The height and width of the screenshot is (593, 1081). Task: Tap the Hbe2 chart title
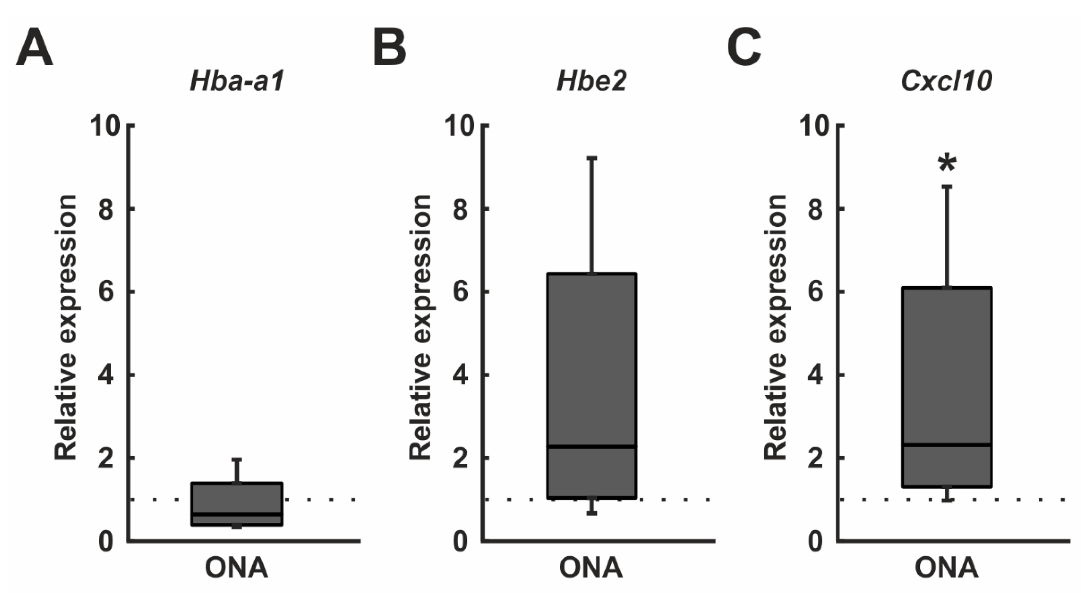(591, 81)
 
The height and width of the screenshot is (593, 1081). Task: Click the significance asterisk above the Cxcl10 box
(947, 163)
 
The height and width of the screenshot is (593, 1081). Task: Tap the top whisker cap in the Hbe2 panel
(592, 158)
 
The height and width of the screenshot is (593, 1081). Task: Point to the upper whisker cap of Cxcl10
(947, 186)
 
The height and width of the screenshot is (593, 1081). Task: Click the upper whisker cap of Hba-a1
(237, 460)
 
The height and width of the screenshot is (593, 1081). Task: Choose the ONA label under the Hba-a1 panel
(237, 568)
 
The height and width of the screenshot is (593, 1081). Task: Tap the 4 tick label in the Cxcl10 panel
(815, 375)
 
